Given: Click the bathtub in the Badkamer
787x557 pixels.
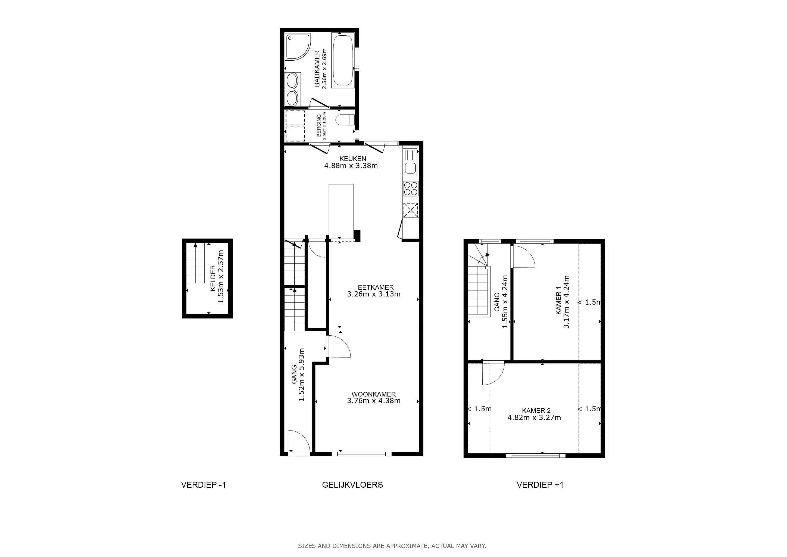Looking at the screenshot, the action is [342, 60].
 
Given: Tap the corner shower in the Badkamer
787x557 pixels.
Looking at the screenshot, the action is [297, 47].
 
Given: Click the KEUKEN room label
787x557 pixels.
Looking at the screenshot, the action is [353, 159].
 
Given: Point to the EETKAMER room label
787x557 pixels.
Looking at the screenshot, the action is [376, 287].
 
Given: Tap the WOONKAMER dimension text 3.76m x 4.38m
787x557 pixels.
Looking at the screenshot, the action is [374, 401].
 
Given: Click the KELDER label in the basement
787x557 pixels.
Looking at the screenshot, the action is [213, 278].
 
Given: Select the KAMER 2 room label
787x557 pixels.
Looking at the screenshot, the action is [536, 411].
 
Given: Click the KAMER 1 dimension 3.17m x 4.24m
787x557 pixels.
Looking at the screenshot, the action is [566, 302].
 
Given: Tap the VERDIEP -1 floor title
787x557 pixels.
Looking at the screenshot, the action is [204, 485].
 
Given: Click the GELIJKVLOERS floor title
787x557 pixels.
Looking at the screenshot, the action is [352, 485].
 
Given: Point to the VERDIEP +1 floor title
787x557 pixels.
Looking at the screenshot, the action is [540, 485].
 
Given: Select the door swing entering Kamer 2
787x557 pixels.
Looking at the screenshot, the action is [493, 373].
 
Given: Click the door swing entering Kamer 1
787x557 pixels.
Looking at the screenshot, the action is [523, 256].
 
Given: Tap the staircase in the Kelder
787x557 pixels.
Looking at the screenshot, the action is [195, 263].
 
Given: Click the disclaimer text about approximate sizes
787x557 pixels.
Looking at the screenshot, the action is [392, 546].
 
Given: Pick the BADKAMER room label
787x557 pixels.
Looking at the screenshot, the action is [317, 69].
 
